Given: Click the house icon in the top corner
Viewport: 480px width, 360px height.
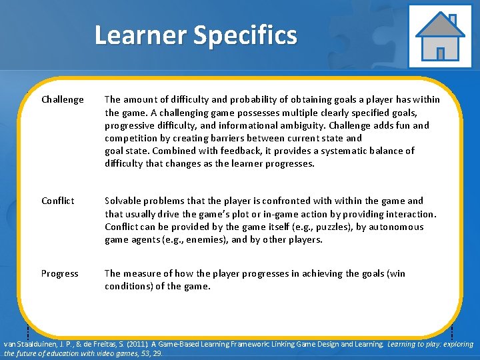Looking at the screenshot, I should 439,36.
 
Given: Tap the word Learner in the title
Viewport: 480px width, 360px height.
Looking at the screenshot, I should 141,35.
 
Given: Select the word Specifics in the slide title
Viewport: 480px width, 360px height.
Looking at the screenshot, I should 245,35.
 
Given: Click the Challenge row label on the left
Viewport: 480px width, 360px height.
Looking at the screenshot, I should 63,99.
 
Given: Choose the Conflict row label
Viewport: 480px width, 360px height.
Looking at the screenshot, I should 58,201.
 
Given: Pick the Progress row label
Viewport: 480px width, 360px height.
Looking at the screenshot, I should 59,273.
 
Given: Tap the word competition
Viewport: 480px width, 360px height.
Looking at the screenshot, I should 133,138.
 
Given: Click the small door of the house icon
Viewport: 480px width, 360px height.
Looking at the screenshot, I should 440,53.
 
